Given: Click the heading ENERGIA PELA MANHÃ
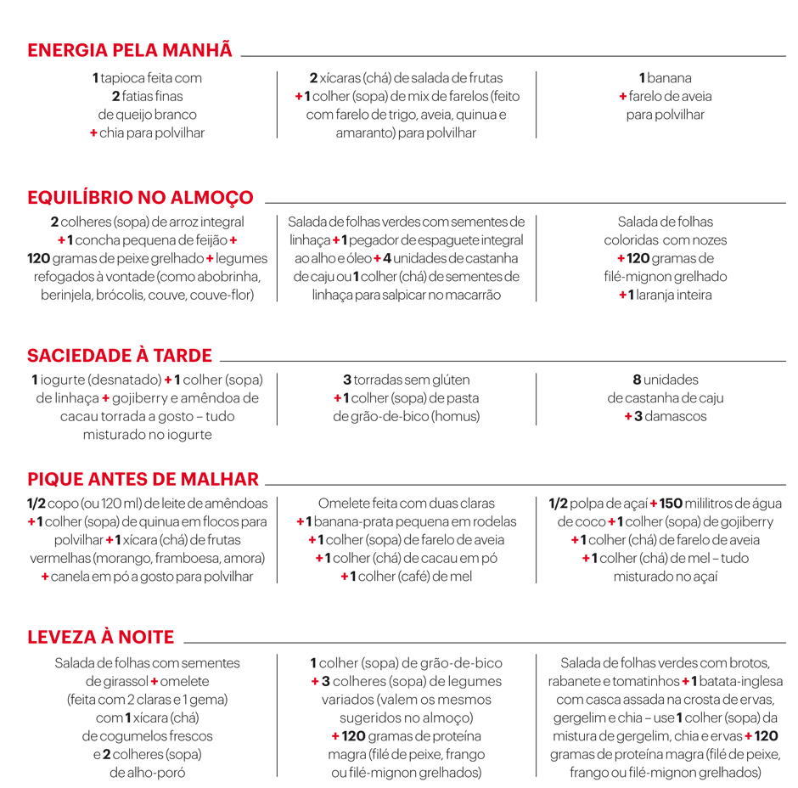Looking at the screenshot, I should (x=130, y=50).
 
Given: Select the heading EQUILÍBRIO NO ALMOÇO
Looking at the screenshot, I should (x=140, y=198).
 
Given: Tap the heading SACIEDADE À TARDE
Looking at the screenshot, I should (x=120, y=356).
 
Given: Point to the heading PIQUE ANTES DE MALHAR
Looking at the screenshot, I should (x=143, y=479).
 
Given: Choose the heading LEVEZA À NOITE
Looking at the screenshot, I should (x=101, y=638).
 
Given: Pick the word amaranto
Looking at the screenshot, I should (x=363, y=133).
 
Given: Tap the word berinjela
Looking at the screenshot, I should (x=68, y=295).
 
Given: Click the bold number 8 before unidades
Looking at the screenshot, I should (x=637, y=380).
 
